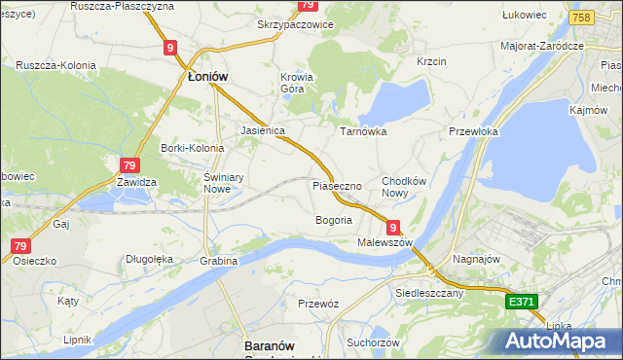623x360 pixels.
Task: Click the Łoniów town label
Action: coord(207,76)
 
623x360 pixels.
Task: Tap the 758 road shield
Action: coord(582,18)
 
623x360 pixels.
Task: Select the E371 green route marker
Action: coord(521,303)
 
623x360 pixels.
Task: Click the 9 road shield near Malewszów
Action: coord(393,226)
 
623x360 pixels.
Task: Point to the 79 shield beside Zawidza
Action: coord(129,165)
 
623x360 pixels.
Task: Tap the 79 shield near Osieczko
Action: coord(20,246)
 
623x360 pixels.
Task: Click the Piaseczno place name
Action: coord(337,185)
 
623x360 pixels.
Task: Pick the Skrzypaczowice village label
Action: coord(295,24)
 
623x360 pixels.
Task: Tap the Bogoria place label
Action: coord(333,220)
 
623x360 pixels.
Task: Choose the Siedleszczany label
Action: coord(427,291)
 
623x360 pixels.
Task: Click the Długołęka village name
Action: coord(149,259)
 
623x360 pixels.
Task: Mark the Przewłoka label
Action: coord(473,131)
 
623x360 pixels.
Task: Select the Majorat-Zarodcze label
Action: coord(541,46)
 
